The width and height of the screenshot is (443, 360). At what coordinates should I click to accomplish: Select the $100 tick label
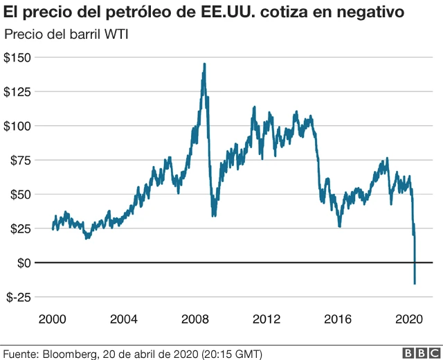(x=17, y=126)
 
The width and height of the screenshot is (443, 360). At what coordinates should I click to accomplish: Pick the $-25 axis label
(x=19, y=297)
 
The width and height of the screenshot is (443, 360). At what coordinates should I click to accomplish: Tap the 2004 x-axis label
(x=123, y=319)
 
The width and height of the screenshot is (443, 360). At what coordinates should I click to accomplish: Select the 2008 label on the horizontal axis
(x=195, y=319)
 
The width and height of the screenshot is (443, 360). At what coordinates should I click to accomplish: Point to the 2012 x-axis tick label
(x=266, y=319)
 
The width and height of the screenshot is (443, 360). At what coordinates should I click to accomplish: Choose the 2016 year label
(x=338, y=319)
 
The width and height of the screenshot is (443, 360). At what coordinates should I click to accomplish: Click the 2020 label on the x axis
(x=409, y=319)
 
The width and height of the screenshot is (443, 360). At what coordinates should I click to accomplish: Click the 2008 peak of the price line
(x=204, y=64)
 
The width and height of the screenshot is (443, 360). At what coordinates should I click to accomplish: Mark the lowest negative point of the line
(x=415, y=283)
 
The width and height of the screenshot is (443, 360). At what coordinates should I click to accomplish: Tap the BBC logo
(x=416, y=353)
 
